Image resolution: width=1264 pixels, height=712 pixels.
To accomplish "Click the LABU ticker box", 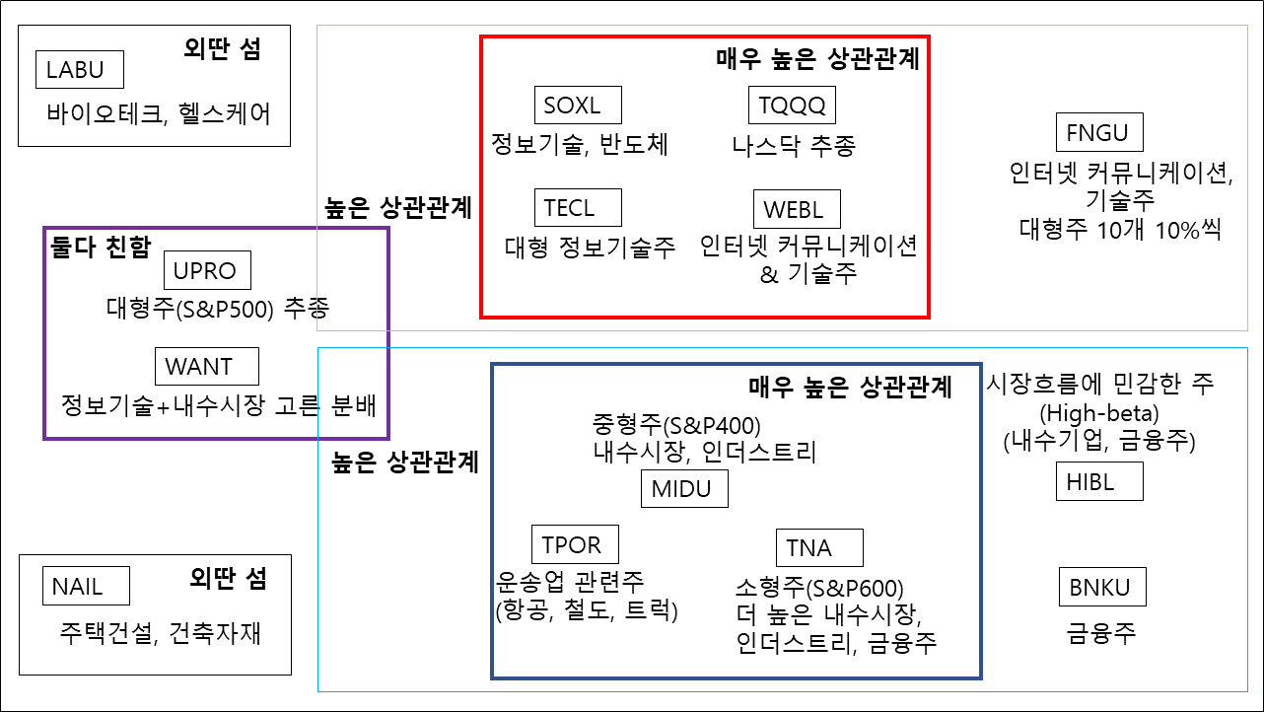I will click(82, 70).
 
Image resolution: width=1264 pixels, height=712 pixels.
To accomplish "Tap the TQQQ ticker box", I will click(792, 104).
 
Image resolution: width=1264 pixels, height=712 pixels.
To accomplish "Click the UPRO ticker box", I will click(206, 270).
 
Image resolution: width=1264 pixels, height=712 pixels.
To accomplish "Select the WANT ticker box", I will click(207, 367).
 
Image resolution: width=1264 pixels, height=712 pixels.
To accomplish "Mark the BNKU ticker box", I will click(1101, 589).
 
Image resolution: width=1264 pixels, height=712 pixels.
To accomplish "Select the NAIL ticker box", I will click(86, 587).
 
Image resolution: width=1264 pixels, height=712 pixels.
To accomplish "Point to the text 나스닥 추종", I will click(794, 147).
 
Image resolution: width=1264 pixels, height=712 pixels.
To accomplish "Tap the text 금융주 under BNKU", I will click(1100, 631).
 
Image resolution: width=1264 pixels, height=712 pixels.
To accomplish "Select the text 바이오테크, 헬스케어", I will click(158, 113).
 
